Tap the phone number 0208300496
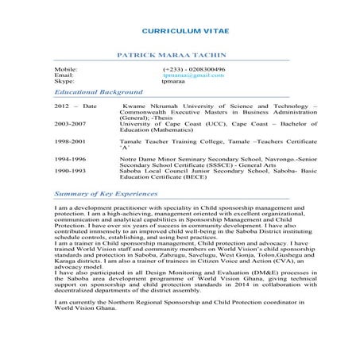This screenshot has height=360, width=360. pos(205,70)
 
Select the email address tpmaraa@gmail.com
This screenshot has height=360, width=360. pos(188,75)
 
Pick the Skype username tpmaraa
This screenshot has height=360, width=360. pos(173,81)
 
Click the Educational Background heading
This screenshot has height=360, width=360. pos(93,92)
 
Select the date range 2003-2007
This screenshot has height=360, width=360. pos(70,125)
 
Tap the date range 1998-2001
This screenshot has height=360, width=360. pos(70,141)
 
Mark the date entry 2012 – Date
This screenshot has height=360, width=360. pos(75,106)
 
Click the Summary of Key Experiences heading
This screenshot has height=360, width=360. pos(103,193)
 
